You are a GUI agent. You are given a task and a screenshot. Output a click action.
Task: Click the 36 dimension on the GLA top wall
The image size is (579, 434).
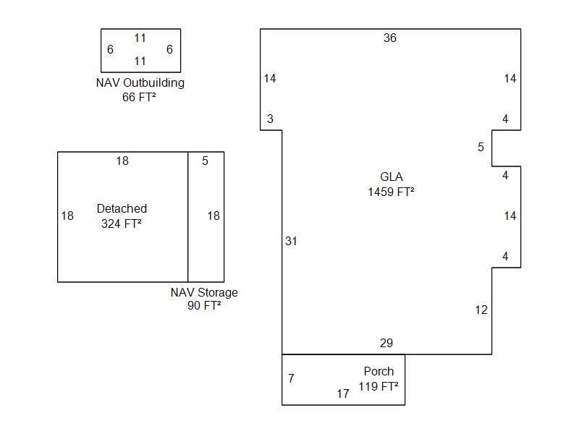click(390, 38)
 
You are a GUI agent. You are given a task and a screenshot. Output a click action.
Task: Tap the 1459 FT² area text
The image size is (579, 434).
click(391, 192)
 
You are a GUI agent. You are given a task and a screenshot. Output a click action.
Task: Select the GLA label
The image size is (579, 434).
click(391, 176)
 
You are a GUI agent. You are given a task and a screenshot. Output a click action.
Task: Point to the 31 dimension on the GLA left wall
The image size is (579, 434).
click(291, 241)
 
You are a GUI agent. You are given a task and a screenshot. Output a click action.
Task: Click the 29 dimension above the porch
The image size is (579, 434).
click(387, 343)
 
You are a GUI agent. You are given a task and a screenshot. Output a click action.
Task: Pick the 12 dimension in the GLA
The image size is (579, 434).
click(481, 310)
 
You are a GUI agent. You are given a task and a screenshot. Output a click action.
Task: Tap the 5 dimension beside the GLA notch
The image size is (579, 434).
click(481, 148)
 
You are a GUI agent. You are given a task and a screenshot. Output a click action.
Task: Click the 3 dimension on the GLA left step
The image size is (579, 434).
click(270, 119)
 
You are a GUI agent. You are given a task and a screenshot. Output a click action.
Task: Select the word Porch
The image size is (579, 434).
click(379, 371)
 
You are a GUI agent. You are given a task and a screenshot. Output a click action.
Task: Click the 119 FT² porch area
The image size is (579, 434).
click(379, 387)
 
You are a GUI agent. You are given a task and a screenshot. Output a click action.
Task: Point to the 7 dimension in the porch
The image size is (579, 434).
click(291, 378)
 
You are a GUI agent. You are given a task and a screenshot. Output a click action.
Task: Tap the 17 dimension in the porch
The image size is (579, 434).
click(343, 393)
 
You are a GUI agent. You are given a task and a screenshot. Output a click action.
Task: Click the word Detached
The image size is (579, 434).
click(122, 208)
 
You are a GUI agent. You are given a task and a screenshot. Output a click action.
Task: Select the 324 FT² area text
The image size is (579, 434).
click(122, 224)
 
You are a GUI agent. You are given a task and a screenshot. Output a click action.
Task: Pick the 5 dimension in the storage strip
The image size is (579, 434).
click(205, 161)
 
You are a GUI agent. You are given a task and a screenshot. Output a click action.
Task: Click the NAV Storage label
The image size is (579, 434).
click(204, 292)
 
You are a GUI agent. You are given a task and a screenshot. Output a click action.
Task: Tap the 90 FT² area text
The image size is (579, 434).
click(204, 305)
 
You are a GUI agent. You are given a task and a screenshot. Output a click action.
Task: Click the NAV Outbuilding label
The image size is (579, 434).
click(140, 82)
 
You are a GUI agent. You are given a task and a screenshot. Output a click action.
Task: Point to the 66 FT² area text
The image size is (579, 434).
click(139, 97)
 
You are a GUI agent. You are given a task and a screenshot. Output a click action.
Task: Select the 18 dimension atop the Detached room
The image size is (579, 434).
click(122, 161)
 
